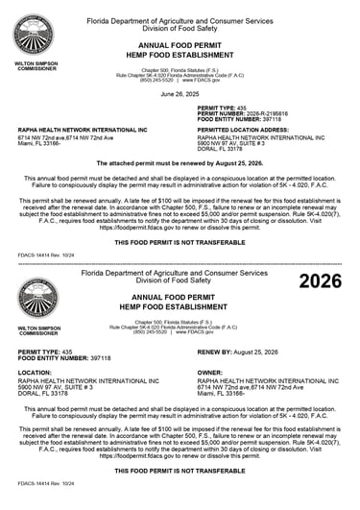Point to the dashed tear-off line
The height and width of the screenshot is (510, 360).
[x=180, y=262]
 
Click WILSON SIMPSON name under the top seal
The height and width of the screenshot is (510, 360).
[x=36, y=64]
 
